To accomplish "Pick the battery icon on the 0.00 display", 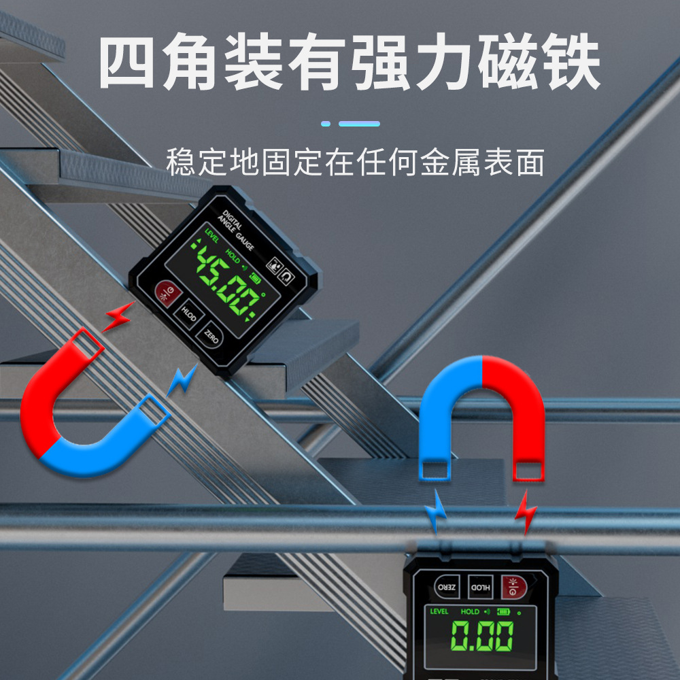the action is click(x=504, y=611).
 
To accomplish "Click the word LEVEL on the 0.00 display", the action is click(x=439, y=611).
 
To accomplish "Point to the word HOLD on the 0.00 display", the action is click(x=470, y=611).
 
